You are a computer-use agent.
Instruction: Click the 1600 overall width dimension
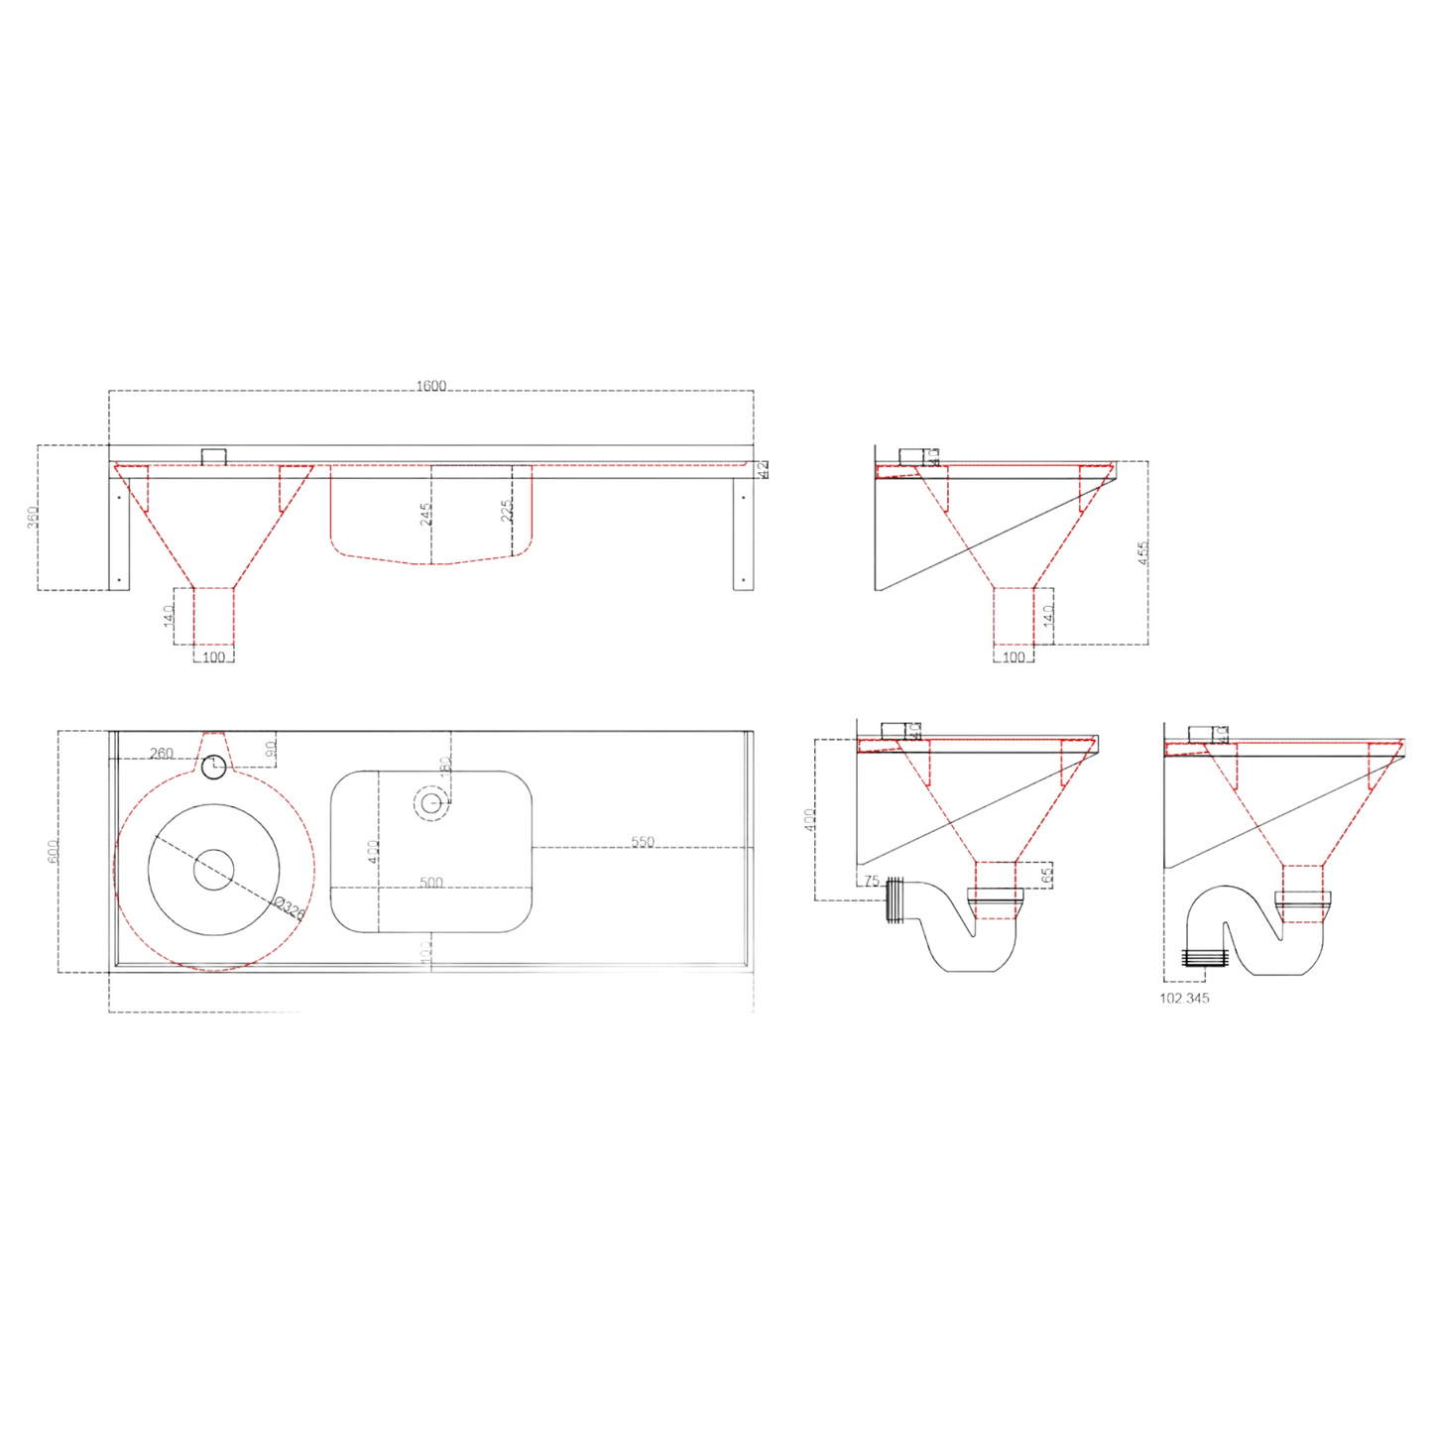point(430,386)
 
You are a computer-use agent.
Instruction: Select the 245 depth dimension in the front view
point(425,514)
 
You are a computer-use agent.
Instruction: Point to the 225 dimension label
point(507,511)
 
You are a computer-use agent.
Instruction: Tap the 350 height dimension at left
point(32,517)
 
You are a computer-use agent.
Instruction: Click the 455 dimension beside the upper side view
point(1142,552)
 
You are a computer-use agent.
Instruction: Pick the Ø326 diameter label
point(288,908)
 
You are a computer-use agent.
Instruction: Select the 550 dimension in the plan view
point(643,842)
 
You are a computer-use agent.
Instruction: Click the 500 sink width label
point(430,883)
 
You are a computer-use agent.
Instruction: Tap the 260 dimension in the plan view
point(161,754)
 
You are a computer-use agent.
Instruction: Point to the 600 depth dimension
point(53,851)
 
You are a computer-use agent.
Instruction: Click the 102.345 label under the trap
point(1184,999)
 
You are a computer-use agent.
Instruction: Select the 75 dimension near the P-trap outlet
point(871,881)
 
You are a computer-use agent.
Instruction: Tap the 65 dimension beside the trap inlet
point(1046,874)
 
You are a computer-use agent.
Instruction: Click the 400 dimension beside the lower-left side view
point(809,819)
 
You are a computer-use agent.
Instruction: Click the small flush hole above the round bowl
point(213,767)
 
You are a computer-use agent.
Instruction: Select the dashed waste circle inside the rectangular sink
point(430,802)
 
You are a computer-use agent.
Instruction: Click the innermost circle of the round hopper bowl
point(213,870)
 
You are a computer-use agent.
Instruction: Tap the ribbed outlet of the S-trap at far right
point(1205,957)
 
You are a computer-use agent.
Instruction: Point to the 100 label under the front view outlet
point(213,657)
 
